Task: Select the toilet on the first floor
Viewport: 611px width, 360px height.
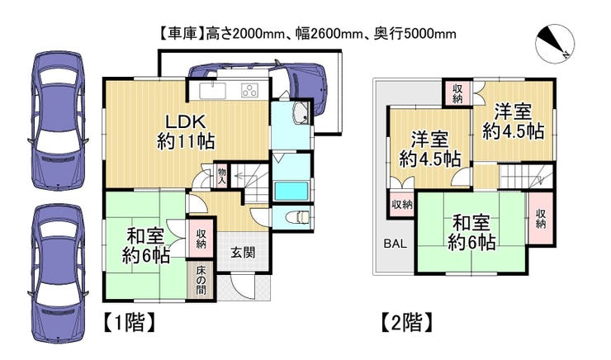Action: click(298, 217)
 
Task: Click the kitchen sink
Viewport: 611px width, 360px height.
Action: click(212, 91)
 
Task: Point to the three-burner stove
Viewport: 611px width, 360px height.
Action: click(249, 91)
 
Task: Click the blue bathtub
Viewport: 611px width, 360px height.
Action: click(291, 191)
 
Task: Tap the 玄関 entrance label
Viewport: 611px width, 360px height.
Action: click(243, 253)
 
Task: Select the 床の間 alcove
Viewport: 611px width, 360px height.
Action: click(201, 280)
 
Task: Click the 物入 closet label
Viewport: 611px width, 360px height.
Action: click(222, 176)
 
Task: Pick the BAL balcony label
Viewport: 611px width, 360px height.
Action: click(395, 244)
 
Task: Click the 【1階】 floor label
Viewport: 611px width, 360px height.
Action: click(130, 322)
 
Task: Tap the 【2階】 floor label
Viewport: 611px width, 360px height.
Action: click(406, 322)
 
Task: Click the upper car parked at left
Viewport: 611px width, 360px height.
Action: click(59, 121)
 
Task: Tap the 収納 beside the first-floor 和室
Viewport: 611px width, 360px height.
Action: click(201, 239)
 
